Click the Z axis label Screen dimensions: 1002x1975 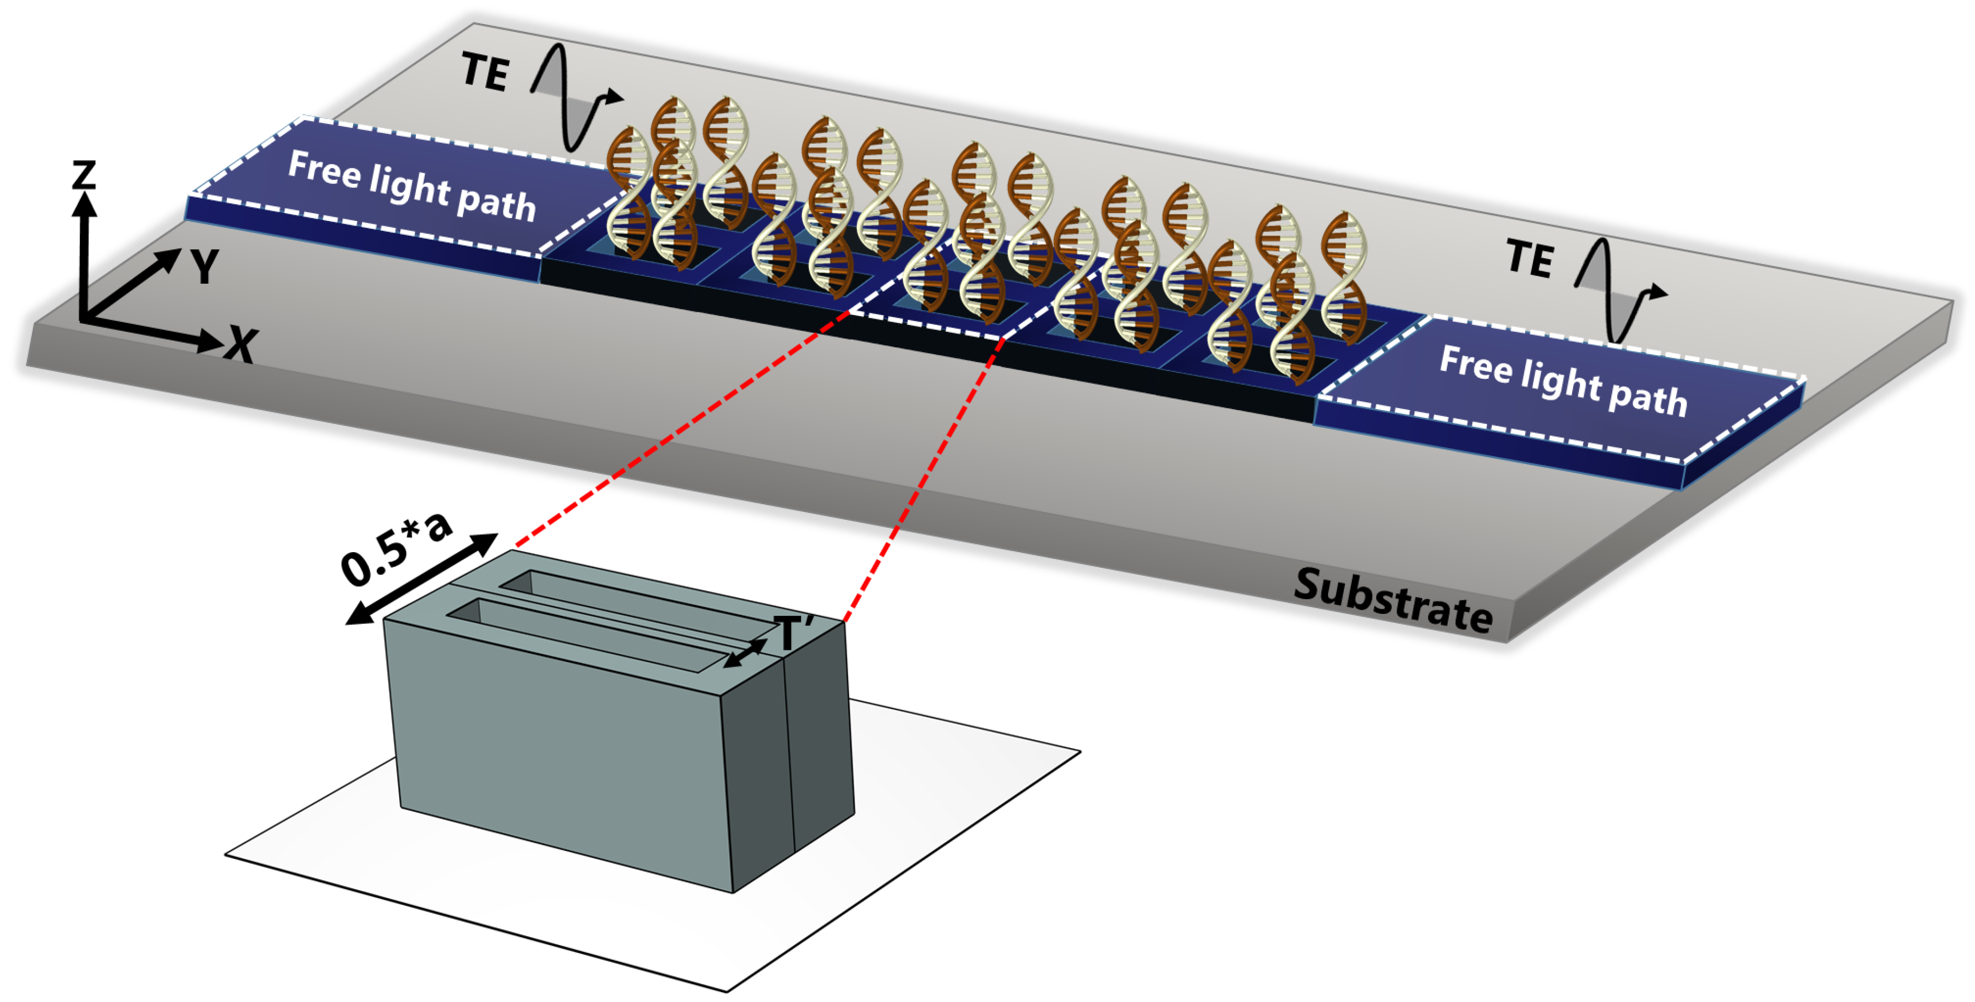[x=84, y=175]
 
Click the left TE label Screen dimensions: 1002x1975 [x=484, y=72]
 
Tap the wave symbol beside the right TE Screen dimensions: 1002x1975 [x=1618, y=290]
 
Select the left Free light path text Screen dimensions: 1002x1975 [x=412, y=187]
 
